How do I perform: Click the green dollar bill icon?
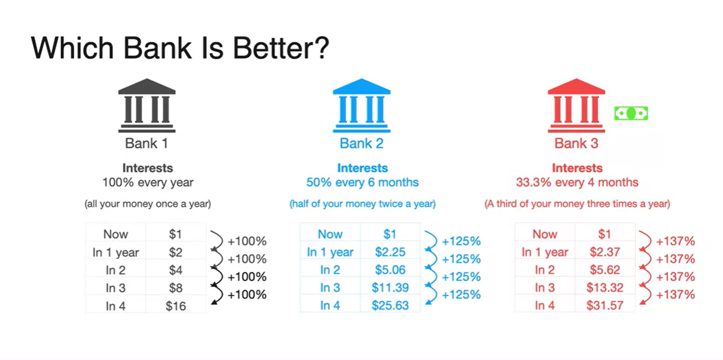[631, 113]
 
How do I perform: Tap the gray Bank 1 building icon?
[147, 105]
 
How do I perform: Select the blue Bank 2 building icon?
[361, 105]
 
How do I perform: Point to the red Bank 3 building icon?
[576, 105]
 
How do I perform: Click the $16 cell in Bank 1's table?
[176, 306]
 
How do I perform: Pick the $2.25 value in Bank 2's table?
[390, 252]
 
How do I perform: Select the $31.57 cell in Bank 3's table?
[605, 305]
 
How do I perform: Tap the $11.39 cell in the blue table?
[390, 287]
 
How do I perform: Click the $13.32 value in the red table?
[605, 287]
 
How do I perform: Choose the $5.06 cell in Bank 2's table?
[390, 269]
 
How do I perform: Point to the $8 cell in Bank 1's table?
[176, 288]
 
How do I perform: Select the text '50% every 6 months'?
[363, 182]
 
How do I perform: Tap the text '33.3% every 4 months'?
[577, 182]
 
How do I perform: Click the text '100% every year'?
[148, 182]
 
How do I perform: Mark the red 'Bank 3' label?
[576, 143]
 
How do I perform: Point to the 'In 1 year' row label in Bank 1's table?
[116, 253]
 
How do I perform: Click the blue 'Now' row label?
[330, 234]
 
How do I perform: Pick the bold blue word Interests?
[363, 168]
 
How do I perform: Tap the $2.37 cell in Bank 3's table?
[605, 252]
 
